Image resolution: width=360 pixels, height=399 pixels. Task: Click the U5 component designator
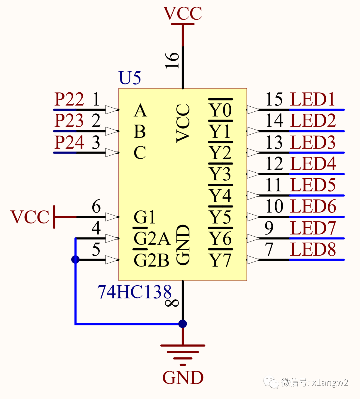(x=130, y=78)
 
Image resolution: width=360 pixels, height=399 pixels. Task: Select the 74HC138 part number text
(x=134, y=292)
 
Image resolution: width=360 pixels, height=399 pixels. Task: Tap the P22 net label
(x=69, y=99)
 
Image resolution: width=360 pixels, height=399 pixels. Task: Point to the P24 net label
(x=69, y=142)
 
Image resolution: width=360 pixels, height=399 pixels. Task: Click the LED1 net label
(x=313, y=99)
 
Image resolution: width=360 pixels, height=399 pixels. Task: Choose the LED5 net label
(x=313, y=185)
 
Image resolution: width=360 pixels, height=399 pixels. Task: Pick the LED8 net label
(x=313, y=250)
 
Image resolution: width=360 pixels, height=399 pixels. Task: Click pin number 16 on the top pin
(x=173, y=60)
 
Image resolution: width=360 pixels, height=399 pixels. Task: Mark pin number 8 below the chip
(x=173, y=302)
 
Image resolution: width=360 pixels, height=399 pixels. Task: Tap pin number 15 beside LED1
(x=274, y=99)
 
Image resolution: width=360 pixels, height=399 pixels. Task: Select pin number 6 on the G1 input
(x=96, y=206)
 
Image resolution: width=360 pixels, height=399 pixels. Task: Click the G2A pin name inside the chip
(x=152, y=238)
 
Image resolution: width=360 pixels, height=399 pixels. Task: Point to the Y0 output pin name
(x=220, y=110)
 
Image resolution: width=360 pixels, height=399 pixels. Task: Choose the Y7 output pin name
(x=220, y=260)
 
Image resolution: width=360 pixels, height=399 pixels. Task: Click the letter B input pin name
(x=140, y=132)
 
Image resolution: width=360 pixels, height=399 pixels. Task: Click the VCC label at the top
(x=183, y=14)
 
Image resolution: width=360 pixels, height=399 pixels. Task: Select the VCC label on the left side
(x=30, y=217)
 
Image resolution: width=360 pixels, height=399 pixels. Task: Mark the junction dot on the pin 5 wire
(x=76, y=260)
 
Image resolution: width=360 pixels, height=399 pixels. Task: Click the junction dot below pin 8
(x=183, y=324)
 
